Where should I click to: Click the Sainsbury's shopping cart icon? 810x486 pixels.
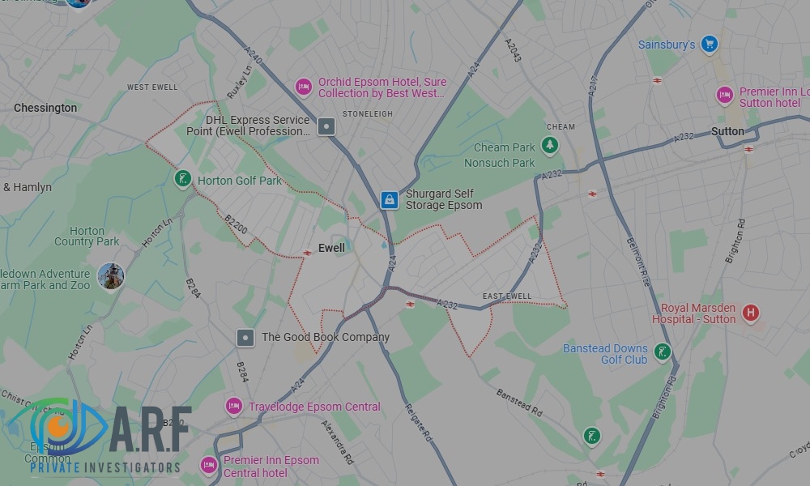point(710,44)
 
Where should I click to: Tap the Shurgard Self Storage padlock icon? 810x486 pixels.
point(390,199)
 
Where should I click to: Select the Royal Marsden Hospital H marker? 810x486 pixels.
point(751,312)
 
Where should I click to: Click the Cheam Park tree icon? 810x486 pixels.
point(551,146)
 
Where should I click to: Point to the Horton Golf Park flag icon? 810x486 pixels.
point(183,178)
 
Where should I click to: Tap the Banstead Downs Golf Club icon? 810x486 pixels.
point(663,352)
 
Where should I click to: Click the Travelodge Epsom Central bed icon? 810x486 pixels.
point(234,406)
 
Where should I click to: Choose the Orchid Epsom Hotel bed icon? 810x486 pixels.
point(304,86)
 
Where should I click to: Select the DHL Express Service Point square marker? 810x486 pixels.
point(326,126)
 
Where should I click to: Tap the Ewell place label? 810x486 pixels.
point(331,249)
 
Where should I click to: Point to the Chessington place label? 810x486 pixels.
point(45,108)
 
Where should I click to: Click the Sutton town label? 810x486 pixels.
point(727,131)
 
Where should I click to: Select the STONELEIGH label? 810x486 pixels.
point(368,114)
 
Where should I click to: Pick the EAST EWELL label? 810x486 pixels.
point(507,296)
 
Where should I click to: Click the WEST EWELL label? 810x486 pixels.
point(152,87)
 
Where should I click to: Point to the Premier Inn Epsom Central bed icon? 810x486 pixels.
point(209,466)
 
